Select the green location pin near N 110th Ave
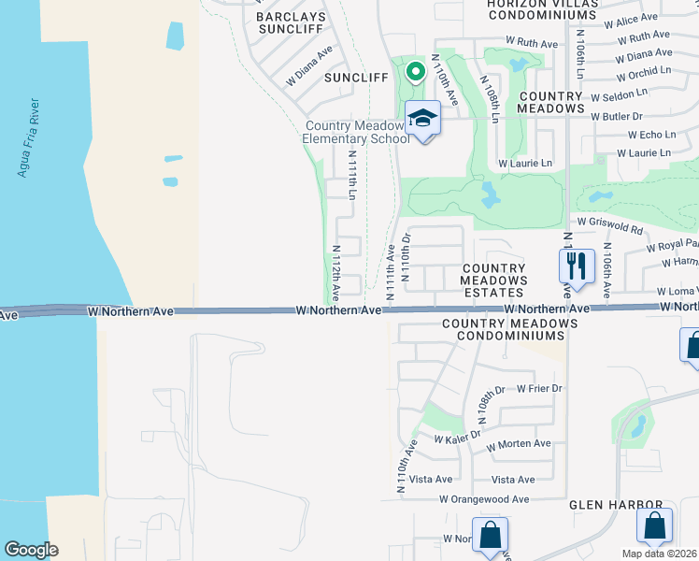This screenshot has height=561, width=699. point(413,70)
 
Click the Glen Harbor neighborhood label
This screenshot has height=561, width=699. point(616,504)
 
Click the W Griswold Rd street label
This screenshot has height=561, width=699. point(610,223)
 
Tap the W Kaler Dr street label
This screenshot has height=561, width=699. point(457,436)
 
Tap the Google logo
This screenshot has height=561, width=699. point(31,550)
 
